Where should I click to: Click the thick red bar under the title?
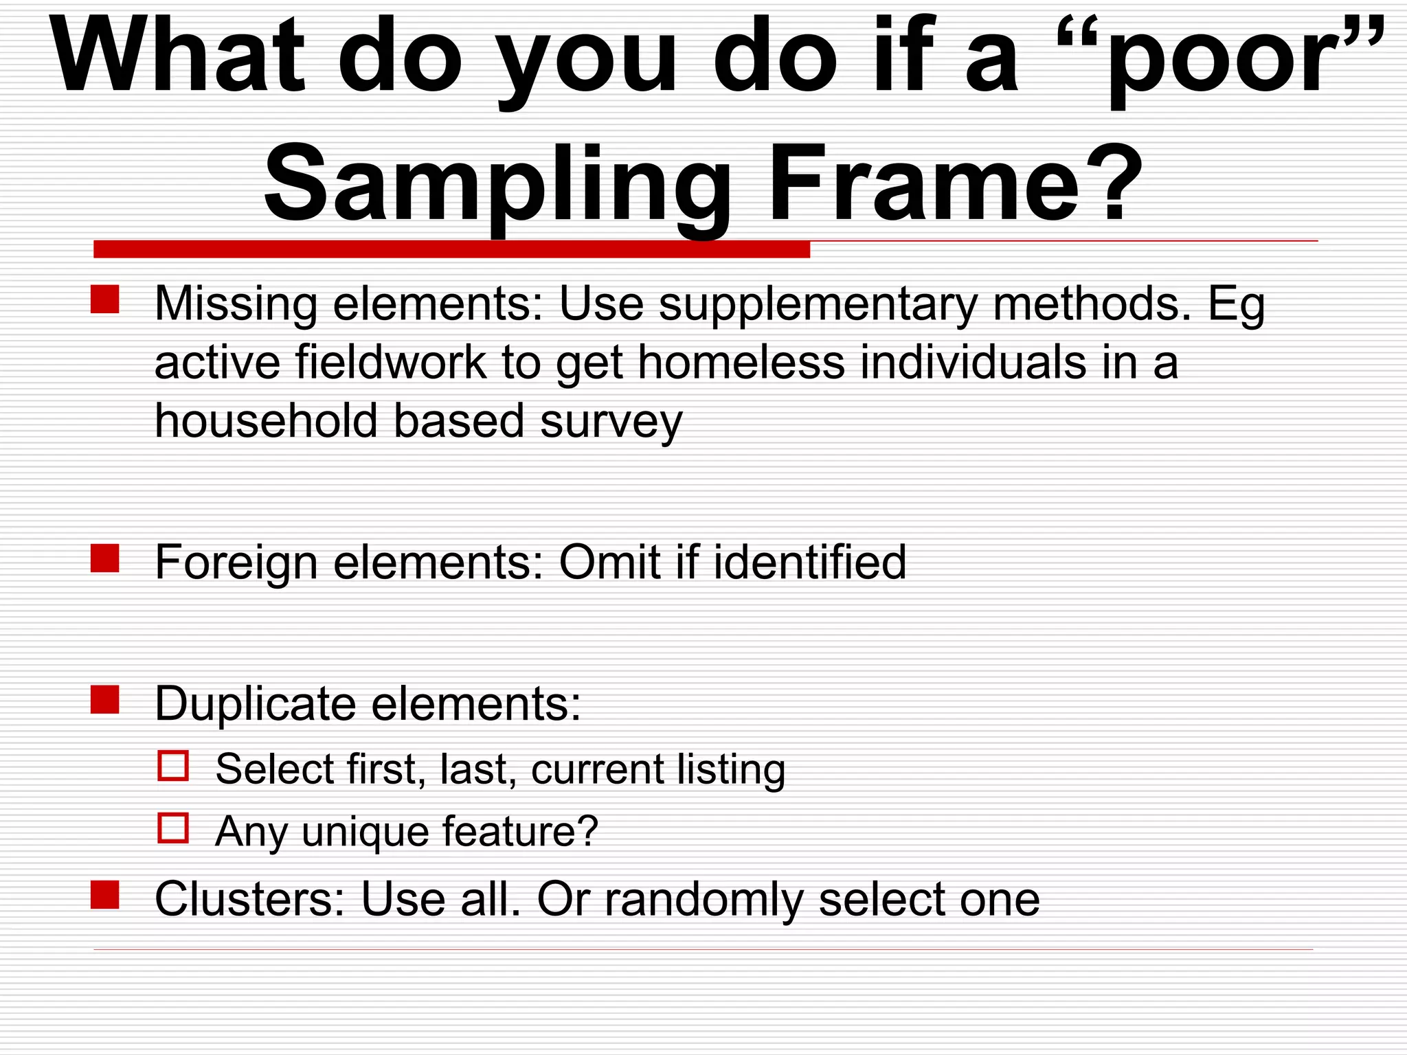point(451,249)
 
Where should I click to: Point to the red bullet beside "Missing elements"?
point(105,300)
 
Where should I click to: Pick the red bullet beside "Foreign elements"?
point(105,558)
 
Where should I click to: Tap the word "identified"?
point(810,563)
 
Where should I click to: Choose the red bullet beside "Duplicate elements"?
point(105,700)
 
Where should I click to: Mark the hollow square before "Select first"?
point(173,766)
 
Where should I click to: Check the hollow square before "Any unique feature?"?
point(173,828)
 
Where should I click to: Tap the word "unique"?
point(365,832)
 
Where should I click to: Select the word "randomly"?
point(703,900)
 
